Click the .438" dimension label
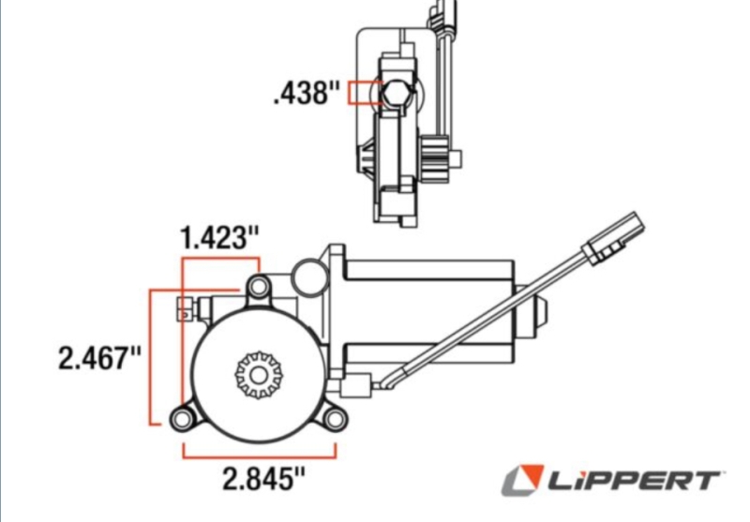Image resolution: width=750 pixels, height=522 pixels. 307,92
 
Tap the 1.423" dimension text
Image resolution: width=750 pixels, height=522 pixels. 220,237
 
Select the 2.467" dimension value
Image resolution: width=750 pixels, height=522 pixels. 100,358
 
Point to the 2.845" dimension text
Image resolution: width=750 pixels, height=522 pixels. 263,479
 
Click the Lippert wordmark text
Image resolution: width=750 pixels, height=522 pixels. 635,481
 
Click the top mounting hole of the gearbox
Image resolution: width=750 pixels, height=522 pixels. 259,287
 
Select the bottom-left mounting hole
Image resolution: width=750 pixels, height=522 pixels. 181,419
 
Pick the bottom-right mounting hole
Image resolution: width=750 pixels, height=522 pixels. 335,419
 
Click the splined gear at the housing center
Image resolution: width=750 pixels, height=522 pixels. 259,375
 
